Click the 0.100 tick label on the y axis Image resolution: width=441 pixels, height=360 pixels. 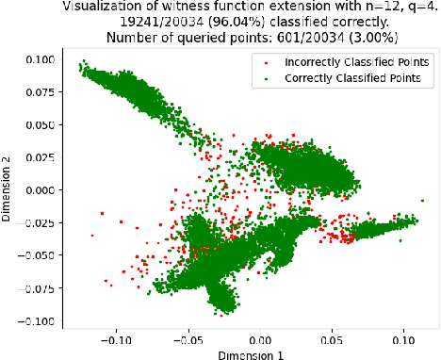coord(39,58)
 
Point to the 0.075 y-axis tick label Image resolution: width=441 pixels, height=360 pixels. coord(39,91)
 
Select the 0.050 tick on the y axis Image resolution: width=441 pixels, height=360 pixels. coord(39,124)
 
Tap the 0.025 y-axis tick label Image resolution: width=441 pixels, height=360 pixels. coord(39,156)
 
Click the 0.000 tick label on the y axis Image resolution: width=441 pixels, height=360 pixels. coord(39,189)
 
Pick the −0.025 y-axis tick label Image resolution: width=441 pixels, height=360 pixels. coord(36,222)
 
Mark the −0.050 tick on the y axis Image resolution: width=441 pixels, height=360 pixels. coord(36,255)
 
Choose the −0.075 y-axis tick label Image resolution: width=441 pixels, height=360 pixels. coord(36,287)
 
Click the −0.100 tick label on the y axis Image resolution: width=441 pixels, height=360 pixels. coord(36,320)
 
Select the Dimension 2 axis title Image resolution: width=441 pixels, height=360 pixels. coord(8,189)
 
